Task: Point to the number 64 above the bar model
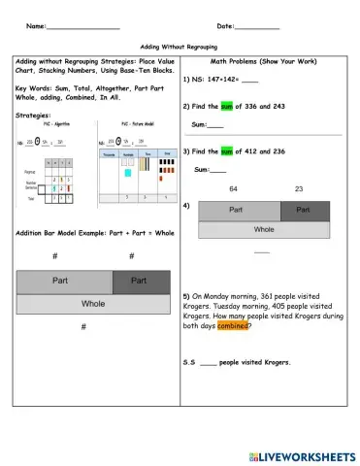point(233,188)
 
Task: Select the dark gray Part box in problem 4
point(304,211)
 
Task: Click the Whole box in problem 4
point(263,230)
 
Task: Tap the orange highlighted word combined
point(233,326)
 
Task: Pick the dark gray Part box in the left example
point(139,281)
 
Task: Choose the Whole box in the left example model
point(93,303)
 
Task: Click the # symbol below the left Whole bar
point(84,327)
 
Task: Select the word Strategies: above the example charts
point(36,115)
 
